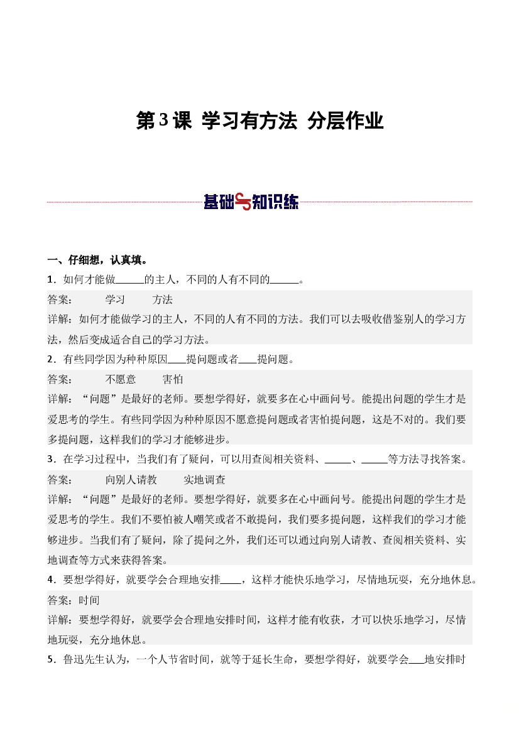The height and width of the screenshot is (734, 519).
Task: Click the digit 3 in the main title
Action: pyautogui.click(x=165, y=121)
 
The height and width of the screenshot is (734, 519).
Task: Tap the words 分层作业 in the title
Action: pyautogui.click(x=345, y=121)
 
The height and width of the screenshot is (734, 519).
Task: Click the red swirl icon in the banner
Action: pyautogui.click(x=243, y=202)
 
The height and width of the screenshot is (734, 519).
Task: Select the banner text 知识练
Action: pyautogui.click(x=276, y=202)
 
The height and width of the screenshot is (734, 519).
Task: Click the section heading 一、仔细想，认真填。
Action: pyautogui.click(x=98, y=260)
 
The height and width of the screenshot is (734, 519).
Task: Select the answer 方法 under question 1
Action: pyautogui.click(x=163, y=300)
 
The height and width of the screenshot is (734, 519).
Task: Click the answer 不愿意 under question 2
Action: pyautogui.click(x=121, y=379)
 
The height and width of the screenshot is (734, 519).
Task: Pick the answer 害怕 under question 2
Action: pyautogui.click(x=173, y=379)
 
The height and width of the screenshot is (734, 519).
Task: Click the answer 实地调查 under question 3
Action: pyautogui.click(x=204, y=480)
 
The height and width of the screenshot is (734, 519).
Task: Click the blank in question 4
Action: pyautogui.click(x=231, y=580)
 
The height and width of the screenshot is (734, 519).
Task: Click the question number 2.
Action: pyautogui.click(x=50, y=360)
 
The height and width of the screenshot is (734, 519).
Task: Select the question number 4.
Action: pyautogui.click(x=50, y=580)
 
